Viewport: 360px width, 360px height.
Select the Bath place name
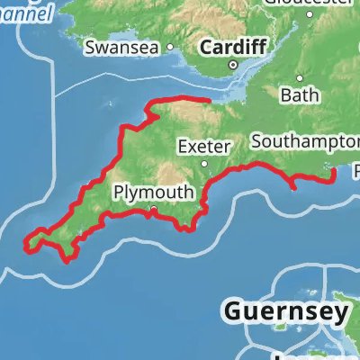(300, 94)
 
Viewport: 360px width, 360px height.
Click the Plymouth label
(152, 193)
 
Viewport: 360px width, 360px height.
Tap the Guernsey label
(285, 312)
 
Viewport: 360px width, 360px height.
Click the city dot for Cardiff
(232, 65)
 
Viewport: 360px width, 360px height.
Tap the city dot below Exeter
(205, 163)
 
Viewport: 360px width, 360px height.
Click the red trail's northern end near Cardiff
(210, 100)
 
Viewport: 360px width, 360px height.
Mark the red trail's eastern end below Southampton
(335, 170)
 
